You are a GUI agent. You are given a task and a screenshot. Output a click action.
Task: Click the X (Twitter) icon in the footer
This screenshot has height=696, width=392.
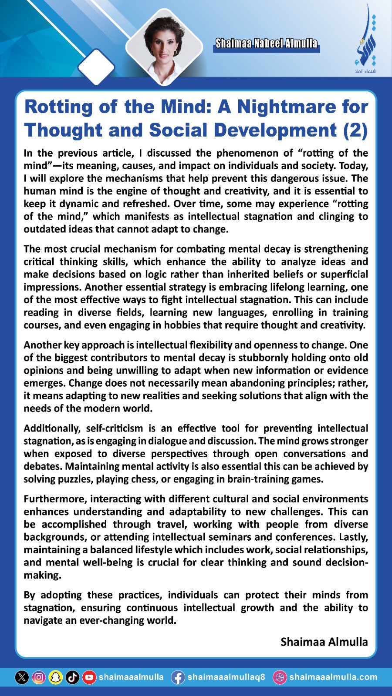pos(22,677)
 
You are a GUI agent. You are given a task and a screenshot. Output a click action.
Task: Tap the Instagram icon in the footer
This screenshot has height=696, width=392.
pos(39,677)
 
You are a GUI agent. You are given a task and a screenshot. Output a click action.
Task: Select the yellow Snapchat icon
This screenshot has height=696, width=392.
pos(56,677)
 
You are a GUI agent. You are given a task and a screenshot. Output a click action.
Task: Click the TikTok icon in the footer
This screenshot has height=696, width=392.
pos(72,677)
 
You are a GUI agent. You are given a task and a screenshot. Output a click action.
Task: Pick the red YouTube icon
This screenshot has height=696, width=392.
pos(89,677)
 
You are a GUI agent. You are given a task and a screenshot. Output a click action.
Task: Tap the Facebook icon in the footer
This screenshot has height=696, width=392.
pos(178,677)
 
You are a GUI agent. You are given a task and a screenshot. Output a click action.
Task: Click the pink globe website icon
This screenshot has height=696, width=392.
pos(280,677)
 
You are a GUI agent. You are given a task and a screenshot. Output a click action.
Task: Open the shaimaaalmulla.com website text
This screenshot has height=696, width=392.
pos(333,677)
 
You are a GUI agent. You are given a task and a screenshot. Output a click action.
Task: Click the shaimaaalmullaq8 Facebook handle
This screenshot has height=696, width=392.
pos(226,677)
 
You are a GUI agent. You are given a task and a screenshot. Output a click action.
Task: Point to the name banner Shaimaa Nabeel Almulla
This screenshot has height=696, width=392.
pos(266,43)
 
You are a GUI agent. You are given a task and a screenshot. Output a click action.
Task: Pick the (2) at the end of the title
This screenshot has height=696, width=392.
pos(355,130)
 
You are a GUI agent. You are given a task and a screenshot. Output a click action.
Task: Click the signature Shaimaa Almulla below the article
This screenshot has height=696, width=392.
pos(324,642)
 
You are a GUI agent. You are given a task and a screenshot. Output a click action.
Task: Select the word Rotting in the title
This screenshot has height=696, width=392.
pos(58,107)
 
